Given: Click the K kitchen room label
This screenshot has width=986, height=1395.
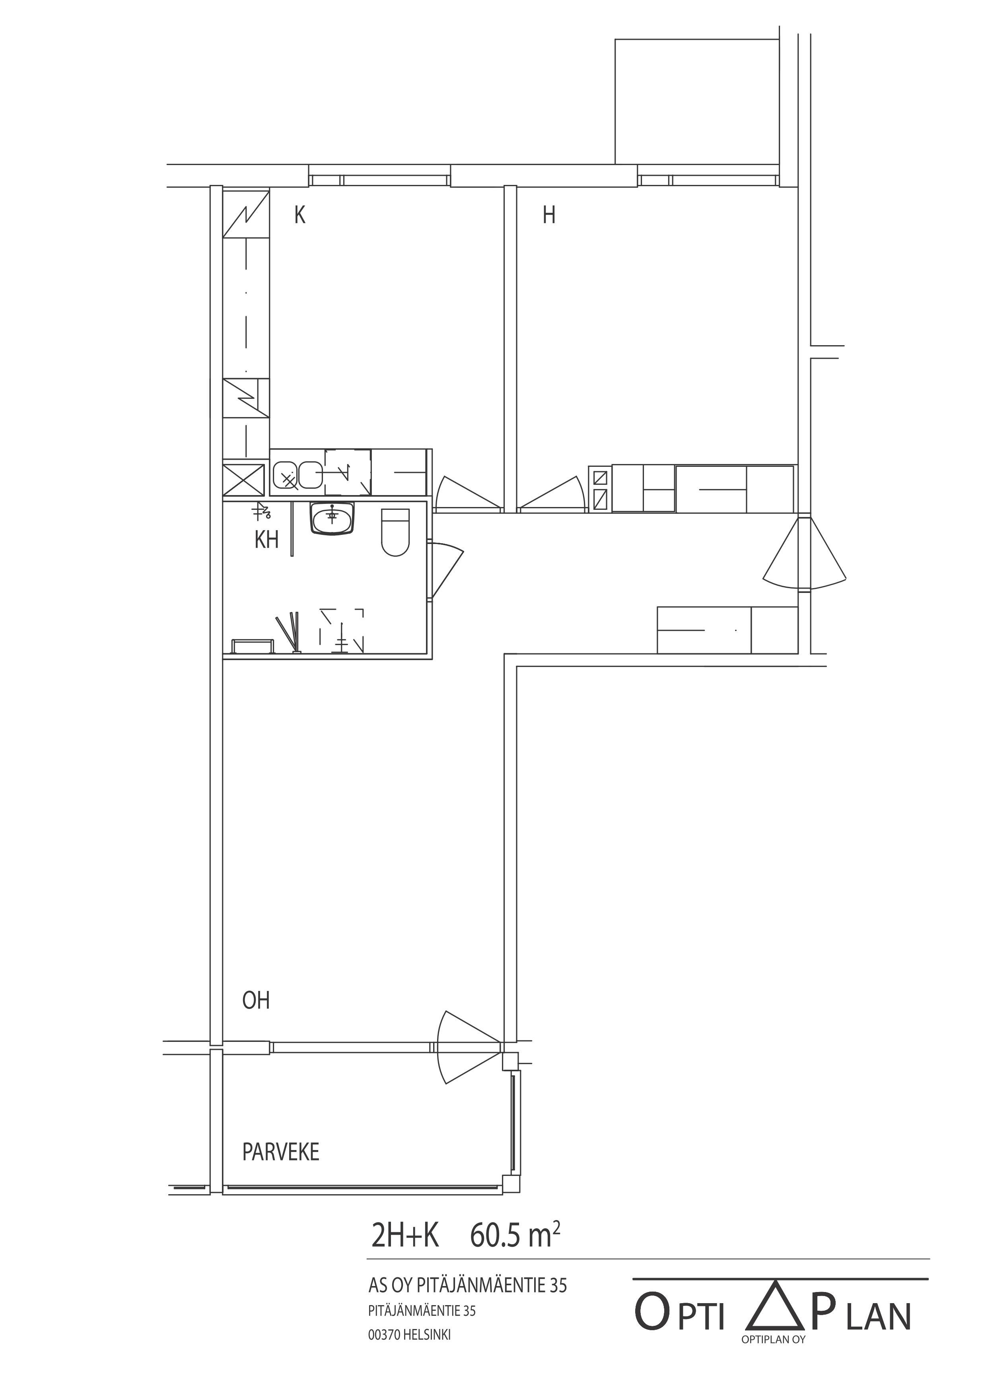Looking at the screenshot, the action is coord(299,215).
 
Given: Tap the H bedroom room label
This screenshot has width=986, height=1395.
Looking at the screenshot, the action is coord(549,215).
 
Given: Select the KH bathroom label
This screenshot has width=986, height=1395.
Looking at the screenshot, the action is coord(267,540).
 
